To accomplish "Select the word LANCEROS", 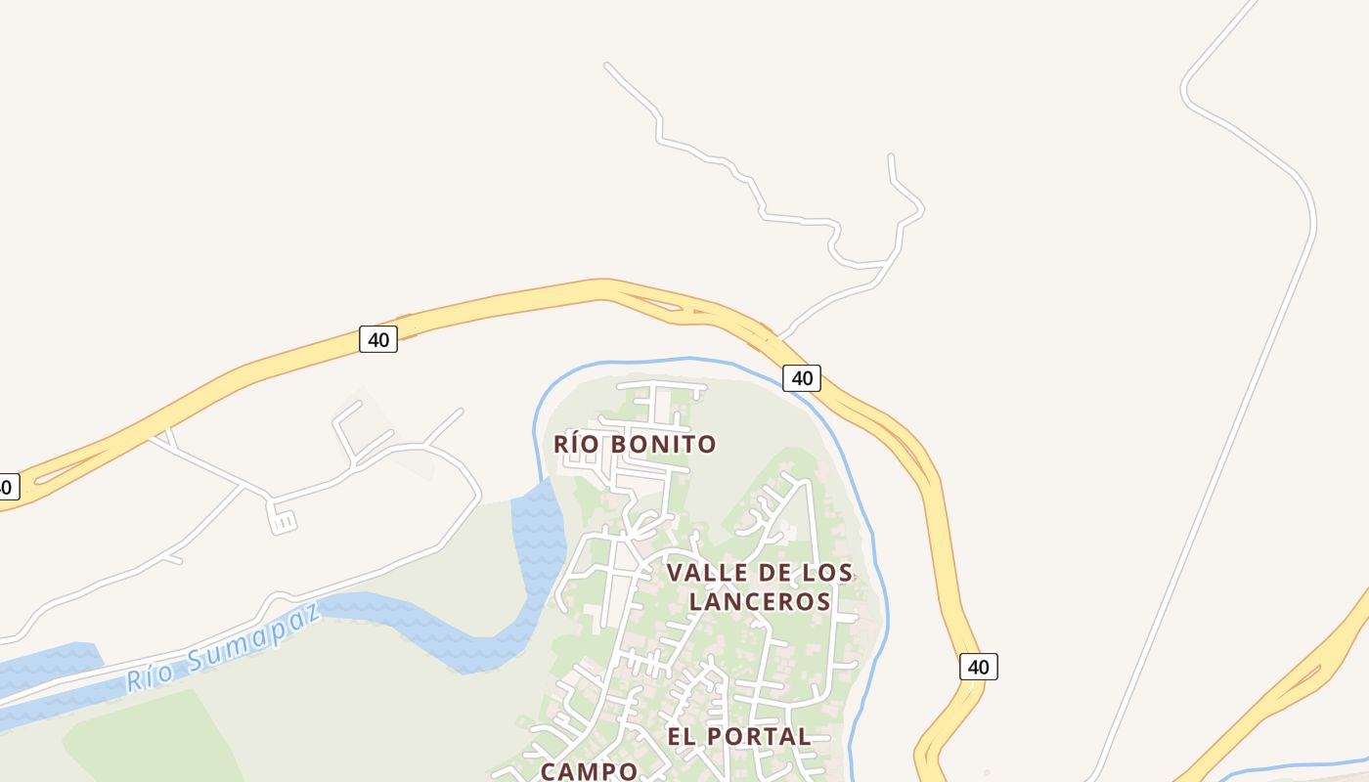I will pos(760,601).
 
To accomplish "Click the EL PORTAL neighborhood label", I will pos(738,736).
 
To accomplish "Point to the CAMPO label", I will pos(589,771).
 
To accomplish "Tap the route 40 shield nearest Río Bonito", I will pos(801,377).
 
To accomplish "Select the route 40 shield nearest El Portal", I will pos(978,667).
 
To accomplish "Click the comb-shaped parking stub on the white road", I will pos(282,521).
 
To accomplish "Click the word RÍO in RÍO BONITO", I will pos(574,445).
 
